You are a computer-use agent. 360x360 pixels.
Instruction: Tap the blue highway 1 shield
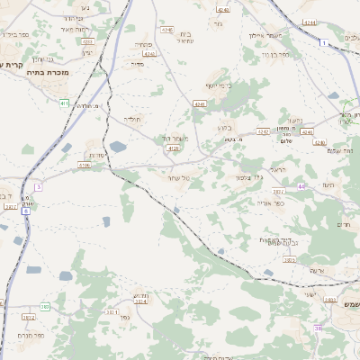point(322,42)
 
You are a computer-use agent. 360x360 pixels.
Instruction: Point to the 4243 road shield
point(222,9)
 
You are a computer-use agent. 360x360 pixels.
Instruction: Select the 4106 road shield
point(84,166)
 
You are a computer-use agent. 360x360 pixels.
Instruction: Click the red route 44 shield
point(302,186)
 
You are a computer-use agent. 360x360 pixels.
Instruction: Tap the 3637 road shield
point(279,192)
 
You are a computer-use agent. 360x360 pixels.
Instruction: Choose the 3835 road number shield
point(289,259)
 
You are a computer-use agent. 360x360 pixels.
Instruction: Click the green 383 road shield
point(44,307)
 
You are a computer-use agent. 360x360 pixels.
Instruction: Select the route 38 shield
point(318,329)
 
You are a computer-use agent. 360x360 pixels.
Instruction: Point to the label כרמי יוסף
point(218,85)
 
